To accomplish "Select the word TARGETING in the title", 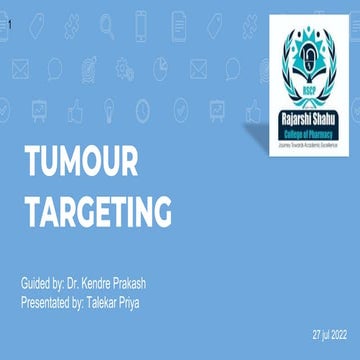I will pos(97,212).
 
